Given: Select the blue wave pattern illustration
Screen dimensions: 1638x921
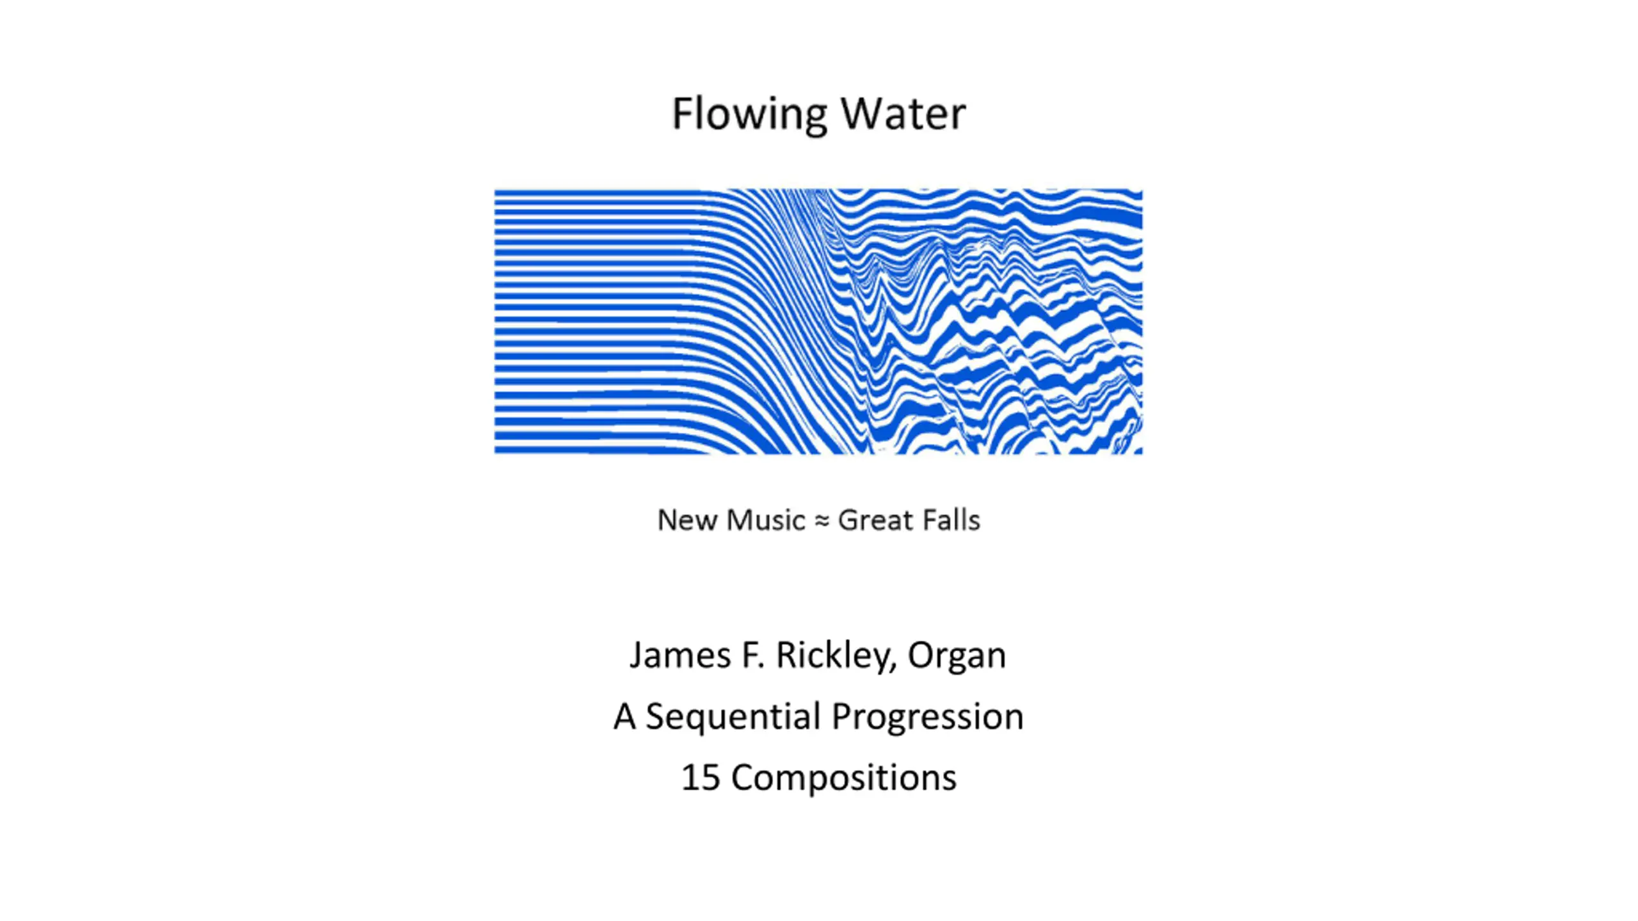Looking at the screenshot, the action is [x=818, y=321].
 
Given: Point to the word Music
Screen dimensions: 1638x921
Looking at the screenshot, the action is [x=766, y=520].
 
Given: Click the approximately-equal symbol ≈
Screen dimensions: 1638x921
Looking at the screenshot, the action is [x=821, y=521].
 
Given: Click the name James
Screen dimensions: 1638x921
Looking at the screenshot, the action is [x=680, y=655].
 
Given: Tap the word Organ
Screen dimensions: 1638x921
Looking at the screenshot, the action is [x=957, y=655].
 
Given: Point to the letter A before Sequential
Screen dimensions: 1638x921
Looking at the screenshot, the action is [x=624, y=716].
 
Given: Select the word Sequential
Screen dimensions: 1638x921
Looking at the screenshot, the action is [x=733, y=716].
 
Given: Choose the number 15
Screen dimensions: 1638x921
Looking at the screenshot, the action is [x=701, y=778].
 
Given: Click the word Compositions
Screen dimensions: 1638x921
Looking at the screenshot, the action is [x=843, y=778].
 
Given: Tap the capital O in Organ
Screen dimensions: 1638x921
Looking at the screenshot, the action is [x=920, y=655].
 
